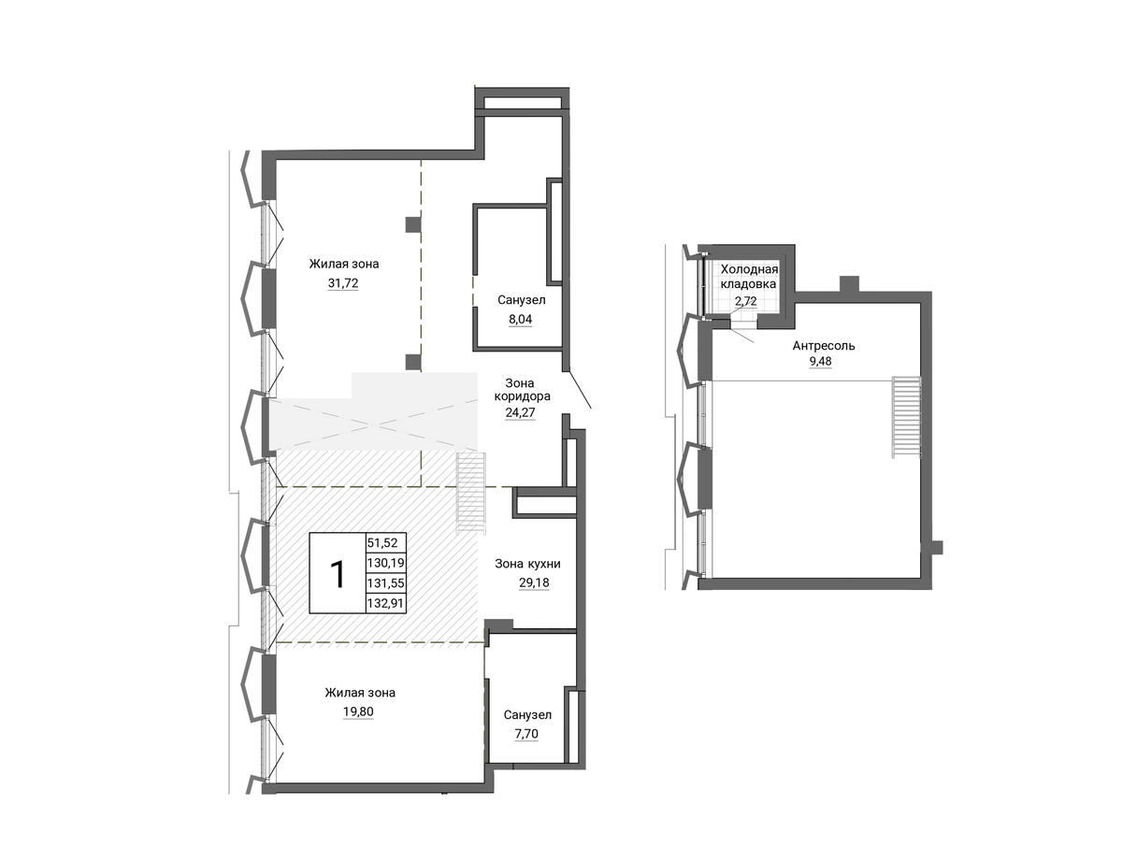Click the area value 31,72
(x=343, y=283)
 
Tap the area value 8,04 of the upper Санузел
(x=520, y=320)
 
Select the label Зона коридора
(x=522, y=390)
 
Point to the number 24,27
(x=520, y=412)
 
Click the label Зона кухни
(x=527, y=564)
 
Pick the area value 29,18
(x=534, y=582)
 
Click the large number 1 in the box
(x=338, y=574)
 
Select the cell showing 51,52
(x=382, y=543)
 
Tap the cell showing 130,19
(x=386, y=563)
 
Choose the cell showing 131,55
(x=386, y=583)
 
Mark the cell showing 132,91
(x=386, y=603)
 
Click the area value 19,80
(x=358, y=711)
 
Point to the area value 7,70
(x=526, y=734)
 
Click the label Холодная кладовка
(x=749, y=277)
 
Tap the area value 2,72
(x=745, y=301)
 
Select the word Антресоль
(x=824, y=346)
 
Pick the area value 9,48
(x=820, y=361)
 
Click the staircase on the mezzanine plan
(x=906, y=418)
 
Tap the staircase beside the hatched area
(x=471, y=494)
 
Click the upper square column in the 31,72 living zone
(x=413, y=225)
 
